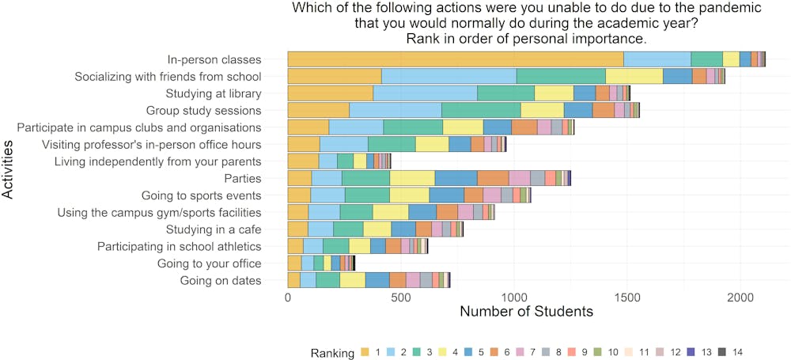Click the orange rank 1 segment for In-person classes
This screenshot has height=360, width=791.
pyautogui.click(x=455, y=59)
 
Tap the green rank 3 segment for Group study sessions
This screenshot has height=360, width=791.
pyautogui.click(x=481, y=110)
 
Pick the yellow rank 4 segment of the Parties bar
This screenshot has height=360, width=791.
pyautogui.click(x=412, y=178)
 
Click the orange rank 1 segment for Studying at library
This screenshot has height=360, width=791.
pyautogui.click(x=330, y=93)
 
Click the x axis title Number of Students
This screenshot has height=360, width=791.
pyautogui.click(x=526, y=312)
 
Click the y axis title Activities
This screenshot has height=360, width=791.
pyautogui.click(x=9, y=169)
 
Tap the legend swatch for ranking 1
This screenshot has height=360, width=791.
pyautogui.click(x=365, y=352)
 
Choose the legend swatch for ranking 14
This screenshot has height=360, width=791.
pyautogui.click(x=722, y=352)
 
